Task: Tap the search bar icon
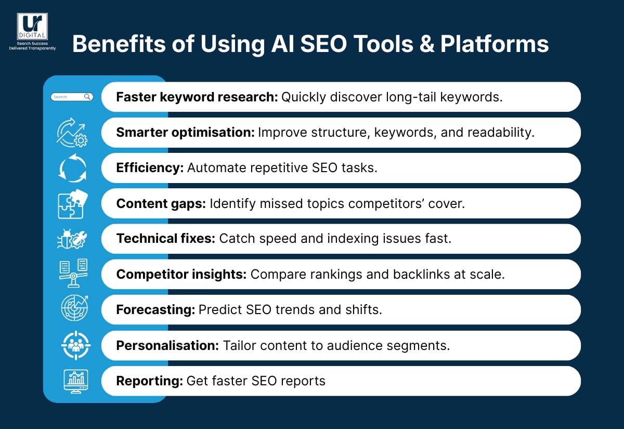click(72, 97)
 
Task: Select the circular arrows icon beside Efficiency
click(72, 168)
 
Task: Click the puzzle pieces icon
click(72, 204)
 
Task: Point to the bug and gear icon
click(72, 239)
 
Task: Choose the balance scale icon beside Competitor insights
click(72, 275)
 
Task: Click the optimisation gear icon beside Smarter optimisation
click(72, 133)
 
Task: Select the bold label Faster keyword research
click(197, 97)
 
